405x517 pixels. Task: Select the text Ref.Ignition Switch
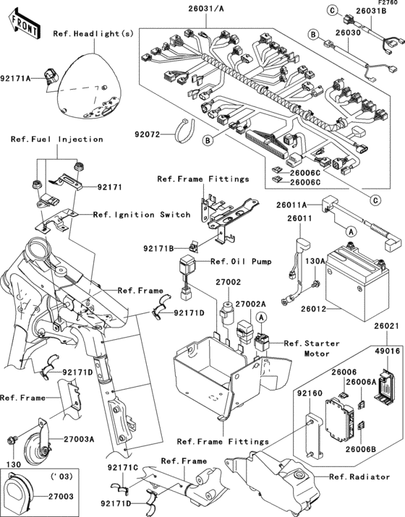pos(142,215)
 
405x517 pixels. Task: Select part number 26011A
pos(292,205)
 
